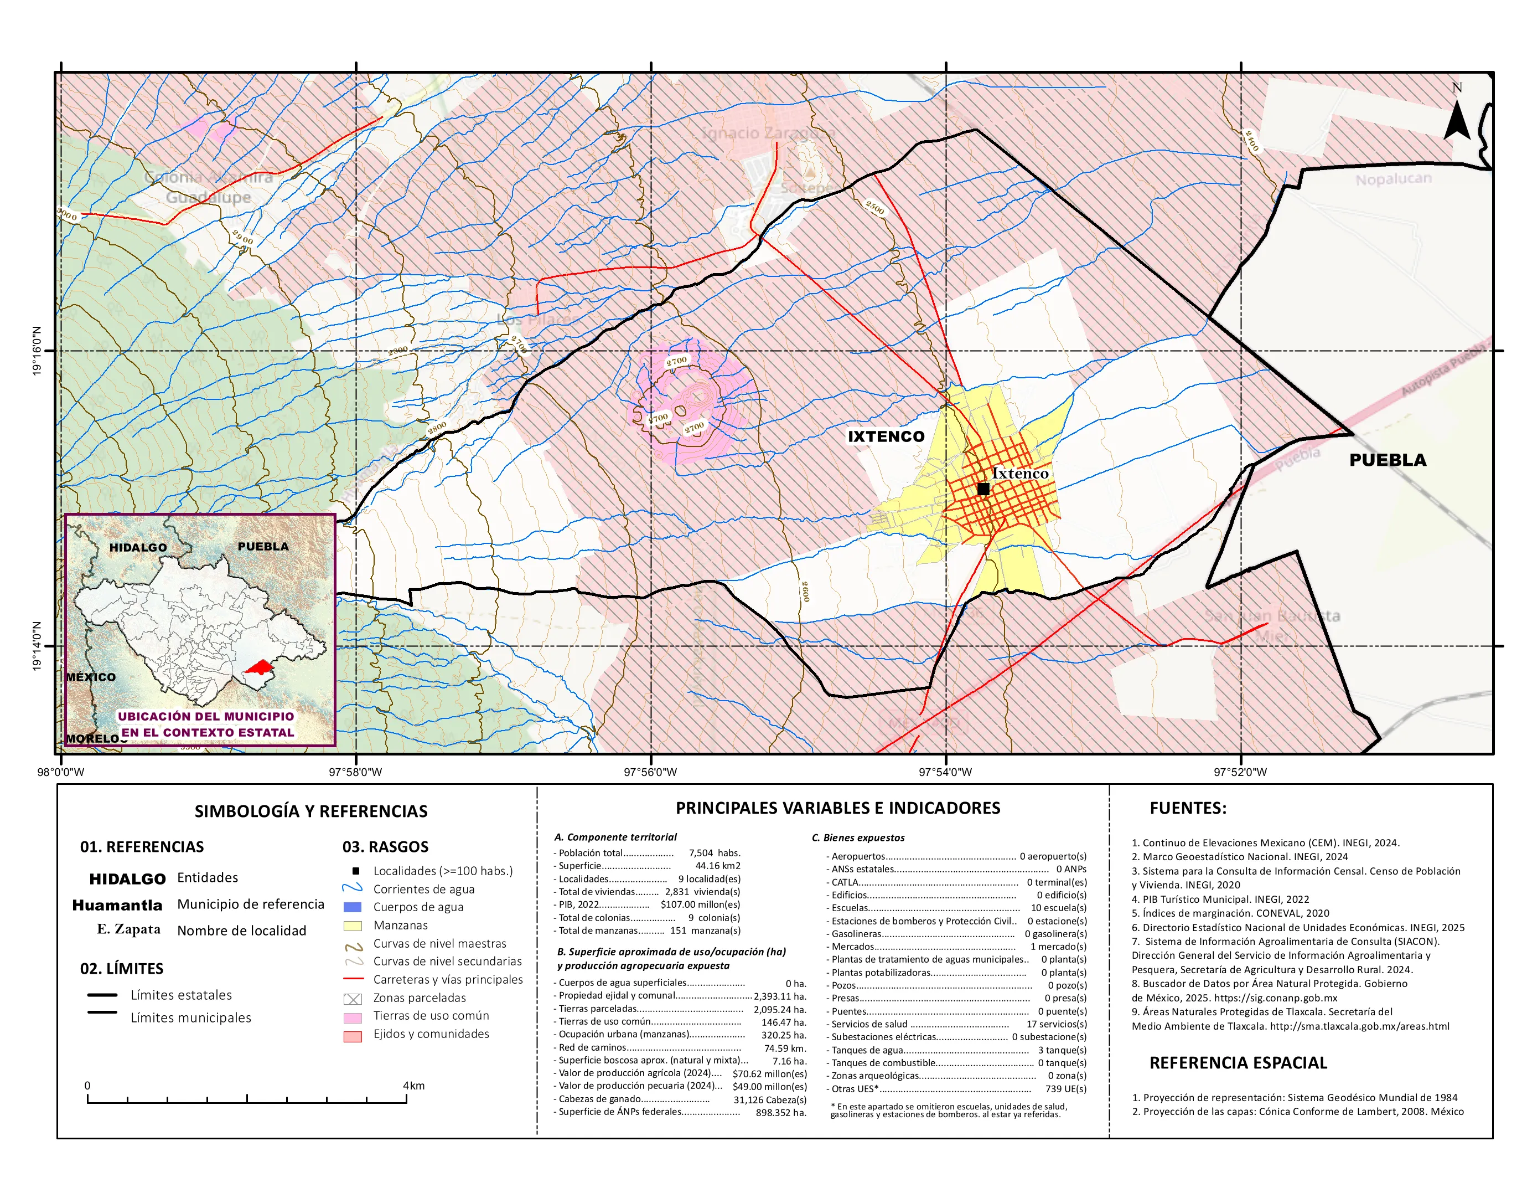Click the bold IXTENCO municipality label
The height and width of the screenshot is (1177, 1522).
886,436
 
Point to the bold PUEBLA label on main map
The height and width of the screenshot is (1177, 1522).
1388,460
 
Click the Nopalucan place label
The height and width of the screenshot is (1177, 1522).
1393,179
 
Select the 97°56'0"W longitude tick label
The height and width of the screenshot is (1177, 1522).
650,772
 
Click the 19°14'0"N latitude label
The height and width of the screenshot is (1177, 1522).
37,646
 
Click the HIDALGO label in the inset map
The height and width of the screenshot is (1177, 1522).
138,547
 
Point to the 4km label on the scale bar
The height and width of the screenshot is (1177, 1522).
413,1086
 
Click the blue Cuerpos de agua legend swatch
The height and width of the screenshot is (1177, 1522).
353,907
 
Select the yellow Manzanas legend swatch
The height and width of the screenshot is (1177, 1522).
353,926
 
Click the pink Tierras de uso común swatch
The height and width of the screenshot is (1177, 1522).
353,1018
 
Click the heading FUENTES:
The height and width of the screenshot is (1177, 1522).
1188,808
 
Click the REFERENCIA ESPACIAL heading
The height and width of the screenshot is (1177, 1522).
1238,1063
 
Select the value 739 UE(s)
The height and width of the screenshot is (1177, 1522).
1065,1089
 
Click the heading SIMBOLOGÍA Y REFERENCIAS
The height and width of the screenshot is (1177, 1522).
311,811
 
